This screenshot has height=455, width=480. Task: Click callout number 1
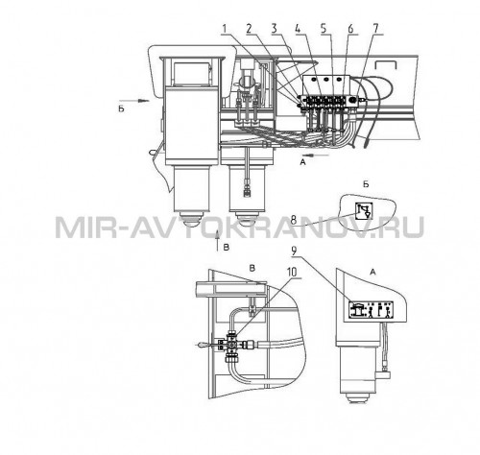225,29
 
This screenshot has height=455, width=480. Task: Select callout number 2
250,29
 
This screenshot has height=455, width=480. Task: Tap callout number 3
274,29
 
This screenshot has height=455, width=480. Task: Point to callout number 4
298,29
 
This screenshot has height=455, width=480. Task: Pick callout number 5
324,29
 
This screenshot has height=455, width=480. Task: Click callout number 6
350,29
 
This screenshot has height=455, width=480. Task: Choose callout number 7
375,29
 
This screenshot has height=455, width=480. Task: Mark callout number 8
293,220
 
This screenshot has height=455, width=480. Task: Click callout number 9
294,251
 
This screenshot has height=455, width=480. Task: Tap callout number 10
291,273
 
